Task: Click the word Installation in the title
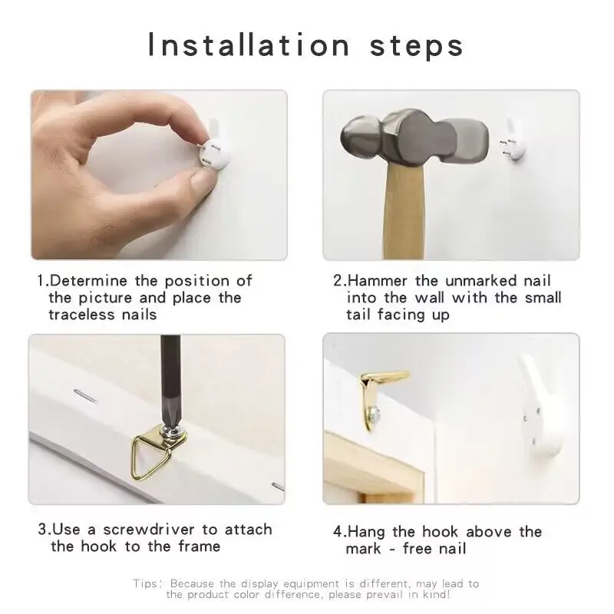pos(249,45)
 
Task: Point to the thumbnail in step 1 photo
pos(201,181)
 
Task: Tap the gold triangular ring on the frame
pos(148,457)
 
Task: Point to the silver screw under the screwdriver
pos(172,431)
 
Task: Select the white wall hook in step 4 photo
pos(542,408)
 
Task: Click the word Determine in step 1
pos(89,281)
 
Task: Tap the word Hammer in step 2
pos(378,281)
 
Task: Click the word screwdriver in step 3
pos(149,530)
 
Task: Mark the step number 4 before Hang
pos(338,532)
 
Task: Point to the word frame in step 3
pos(200,546)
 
